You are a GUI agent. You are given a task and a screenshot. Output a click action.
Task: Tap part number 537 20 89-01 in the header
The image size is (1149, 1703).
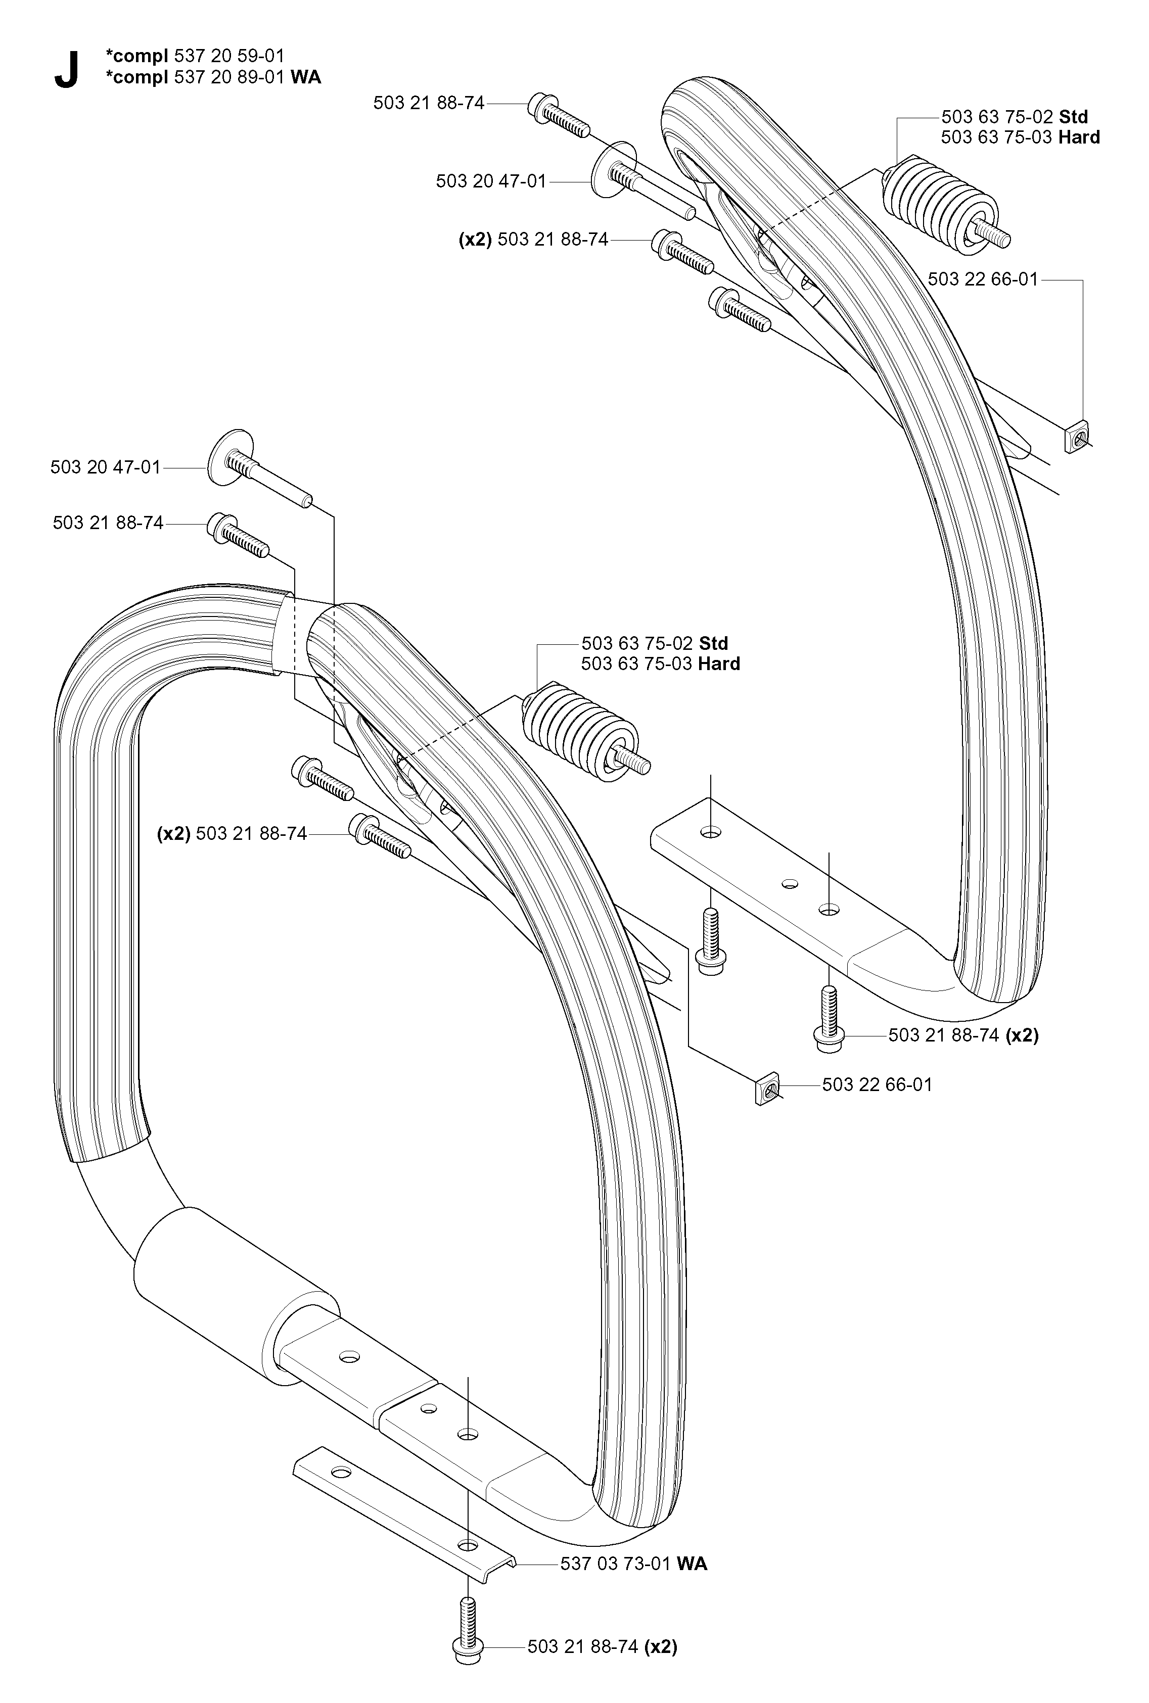[x=229, y=77]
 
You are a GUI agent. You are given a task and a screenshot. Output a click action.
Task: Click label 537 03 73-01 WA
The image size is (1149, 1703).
[x=634, y=1565]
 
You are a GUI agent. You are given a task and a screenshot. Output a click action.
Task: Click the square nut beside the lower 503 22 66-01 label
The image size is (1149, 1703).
[x=766, y=1089]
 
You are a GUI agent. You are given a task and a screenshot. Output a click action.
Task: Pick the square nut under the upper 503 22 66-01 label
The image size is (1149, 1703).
[x=1075, y=437]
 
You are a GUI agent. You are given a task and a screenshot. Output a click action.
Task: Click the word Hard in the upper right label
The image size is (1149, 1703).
[x=1079, y=137]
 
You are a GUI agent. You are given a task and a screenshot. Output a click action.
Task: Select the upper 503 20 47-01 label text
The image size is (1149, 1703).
[x=491, y=181]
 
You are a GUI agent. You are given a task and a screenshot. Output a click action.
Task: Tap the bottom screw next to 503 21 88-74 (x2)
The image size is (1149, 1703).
[x=468, y=1625]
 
